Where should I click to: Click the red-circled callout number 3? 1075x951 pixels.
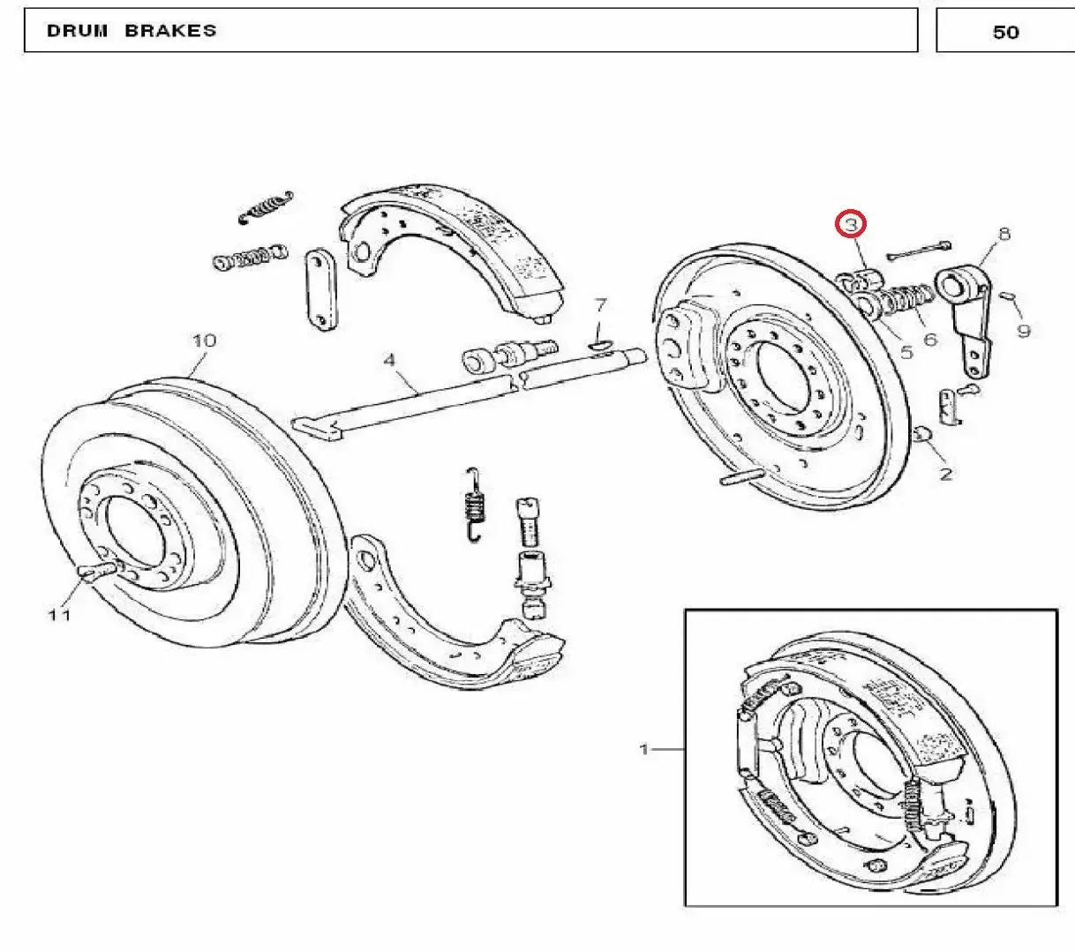click(x=851, y=225)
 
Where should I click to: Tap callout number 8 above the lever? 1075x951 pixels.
click(x=1004, y=234)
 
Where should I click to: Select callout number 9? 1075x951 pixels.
click(x=1024, y=331)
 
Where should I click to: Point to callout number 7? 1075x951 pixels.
click(x=600, y=305)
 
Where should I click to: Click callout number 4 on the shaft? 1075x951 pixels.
click(x=389, y=360)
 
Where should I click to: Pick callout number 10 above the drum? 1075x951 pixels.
click(x=204, y=340)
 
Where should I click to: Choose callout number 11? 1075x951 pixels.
click(x=59, y=615)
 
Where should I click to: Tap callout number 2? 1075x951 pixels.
click(x=946, y=474)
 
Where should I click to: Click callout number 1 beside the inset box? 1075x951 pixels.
click(x=644, y=750)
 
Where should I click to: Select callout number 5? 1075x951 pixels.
click(x=906, y=352)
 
